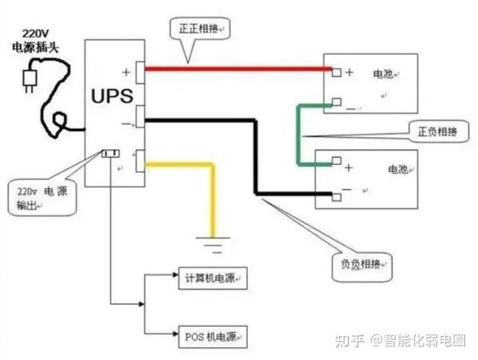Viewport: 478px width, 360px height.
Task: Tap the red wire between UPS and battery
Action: (238, 69)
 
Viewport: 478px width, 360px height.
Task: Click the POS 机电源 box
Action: (212, 335)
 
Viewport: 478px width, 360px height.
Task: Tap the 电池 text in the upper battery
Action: (383, 74)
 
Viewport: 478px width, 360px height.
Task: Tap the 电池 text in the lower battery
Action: (398, 170)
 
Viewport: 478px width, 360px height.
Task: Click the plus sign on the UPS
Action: (127, 71)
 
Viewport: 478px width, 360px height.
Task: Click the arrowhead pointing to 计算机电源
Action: (173, 276)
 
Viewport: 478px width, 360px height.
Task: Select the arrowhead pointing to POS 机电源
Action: (173, 335)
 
